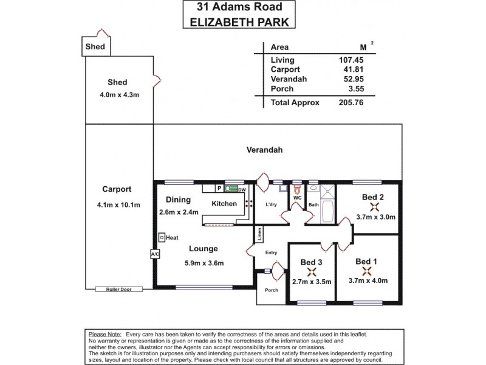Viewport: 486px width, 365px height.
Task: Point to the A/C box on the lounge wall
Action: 154,254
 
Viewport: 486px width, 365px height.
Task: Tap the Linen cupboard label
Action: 259,234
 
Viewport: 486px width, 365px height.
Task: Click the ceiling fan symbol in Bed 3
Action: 312,273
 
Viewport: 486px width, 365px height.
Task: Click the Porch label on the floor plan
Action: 271,290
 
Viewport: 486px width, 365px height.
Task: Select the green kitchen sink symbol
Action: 231,189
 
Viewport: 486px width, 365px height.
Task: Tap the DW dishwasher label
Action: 242,190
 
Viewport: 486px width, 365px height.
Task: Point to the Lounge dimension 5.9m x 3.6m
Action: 204,263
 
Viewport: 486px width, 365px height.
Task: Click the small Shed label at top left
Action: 94,46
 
